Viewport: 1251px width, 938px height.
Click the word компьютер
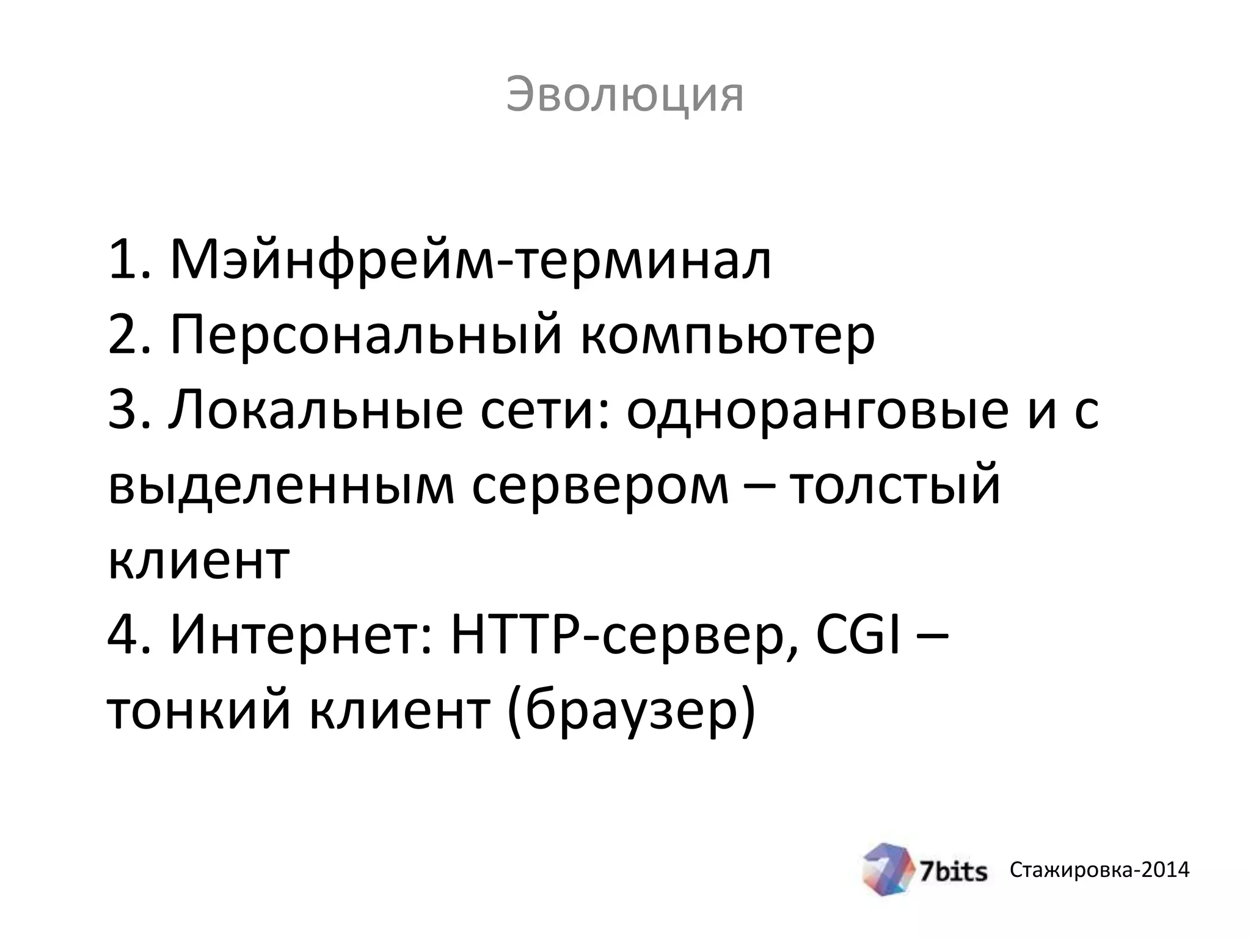pyautogui.click(x=727, y=336)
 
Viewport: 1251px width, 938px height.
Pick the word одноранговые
pyautogui.click(x=817, y=410)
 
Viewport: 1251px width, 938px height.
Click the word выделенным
pyautogui.click(x=281, y=486)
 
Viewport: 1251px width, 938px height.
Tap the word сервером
pyautogui.click(x=600, y=486)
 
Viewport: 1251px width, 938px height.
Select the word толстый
pyautogui.click(x=895, y=486)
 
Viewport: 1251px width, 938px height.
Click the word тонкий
pyautogui.click(x=199, y=711)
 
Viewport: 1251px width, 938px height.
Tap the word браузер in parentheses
pyautogui.click(x=632, y=711)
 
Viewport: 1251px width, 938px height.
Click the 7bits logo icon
pyautogui.click(x=888, y=869)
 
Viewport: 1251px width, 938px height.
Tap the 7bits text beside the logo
pyautogui.click(x=954, y=871)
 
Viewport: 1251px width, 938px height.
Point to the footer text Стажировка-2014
pyautogui.click(x=1100, y=870)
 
